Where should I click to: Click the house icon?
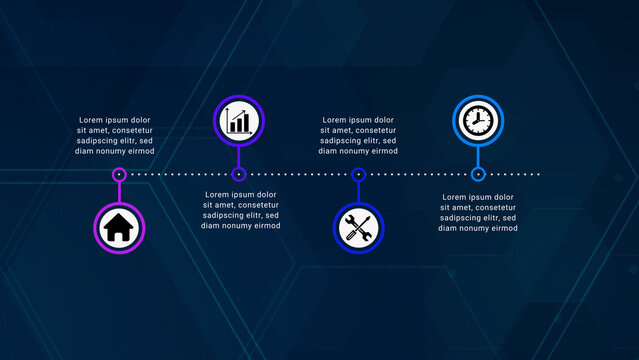point(119,227)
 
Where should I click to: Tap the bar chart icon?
point(239,122)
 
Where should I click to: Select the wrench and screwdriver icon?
point(358,228)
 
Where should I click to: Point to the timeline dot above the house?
point(119,174)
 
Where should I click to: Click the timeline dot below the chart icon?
point(239,174)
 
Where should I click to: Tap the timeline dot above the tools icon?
point(358,174)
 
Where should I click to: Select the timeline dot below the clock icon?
point(478,174)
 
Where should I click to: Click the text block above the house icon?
point(117,136)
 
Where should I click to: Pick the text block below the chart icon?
point(240,210)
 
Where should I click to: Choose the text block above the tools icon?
point(358,136)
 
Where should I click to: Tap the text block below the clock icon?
point(478,212)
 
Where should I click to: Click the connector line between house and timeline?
point(119,190)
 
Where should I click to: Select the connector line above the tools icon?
point(358,190)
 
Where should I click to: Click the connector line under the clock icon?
point(478,157)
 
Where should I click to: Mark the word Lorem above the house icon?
point(91,120)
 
